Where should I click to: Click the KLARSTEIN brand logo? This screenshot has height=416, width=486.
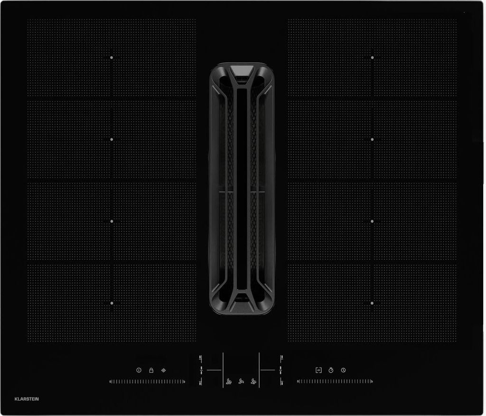click(27, 399)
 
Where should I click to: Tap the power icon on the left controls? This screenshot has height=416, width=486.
click(139, 370)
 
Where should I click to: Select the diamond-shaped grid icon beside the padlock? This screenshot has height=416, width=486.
click(164, 370)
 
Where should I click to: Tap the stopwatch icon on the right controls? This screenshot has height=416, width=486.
click(331, 370)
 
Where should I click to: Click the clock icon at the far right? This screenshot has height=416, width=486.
click(343, 370)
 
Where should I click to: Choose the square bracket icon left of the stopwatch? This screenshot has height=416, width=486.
click(318, 370)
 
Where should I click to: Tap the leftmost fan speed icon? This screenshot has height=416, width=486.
click(229, 382)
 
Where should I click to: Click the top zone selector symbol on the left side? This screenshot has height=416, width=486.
click(201, 358)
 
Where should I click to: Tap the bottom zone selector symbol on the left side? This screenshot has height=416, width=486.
click(201, 382)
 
